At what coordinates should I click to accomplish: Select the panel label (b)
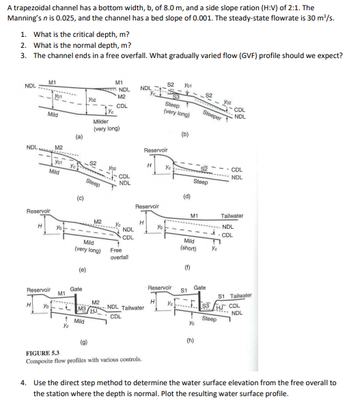pos(184,135)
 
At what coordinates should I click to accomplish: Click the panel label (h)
pos(189,339)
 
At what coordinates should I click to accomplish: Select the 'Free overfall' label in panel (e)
pos(120,254)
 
